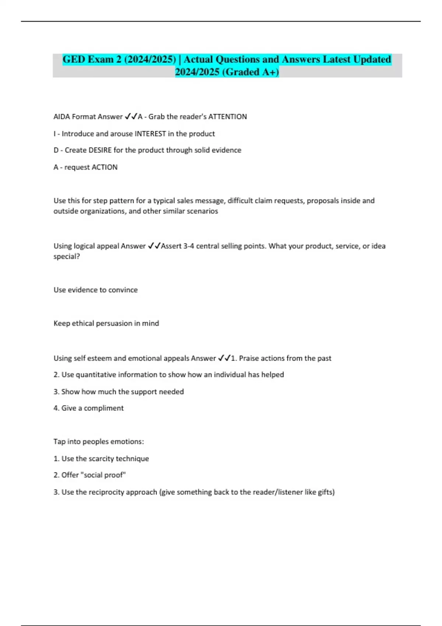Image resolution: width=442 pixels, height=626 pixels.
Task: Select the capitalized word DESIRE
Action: click(x=101, y=150)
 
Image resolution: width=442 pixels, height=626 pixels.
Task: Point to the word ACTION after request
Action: click(x=104, y=167)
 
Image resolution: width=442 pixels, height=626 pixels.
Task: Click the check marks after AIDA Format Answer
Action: click(x=131, y=117)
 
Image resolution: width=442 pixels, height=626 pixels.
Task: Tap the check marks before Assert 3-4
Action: click(x=154, y=246)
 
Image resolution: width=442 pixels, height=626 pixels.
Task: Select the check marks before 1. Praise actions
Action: click(x=224, y=358)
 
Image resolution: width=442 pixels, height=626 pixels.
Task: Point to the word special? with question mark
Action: click(x=67, y=257)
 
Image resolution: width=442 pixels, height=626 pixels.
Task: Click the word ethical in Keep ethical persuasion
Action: click(x=83, y=323)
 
